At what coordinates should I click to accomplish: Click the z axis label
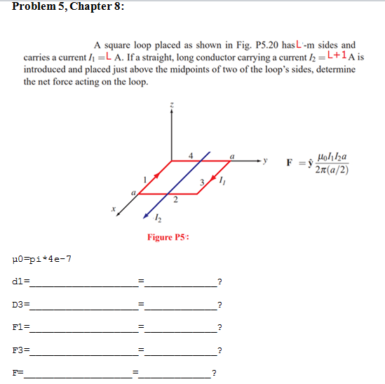(x=170, y=105)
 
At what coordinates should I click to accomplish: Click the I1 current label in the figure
(x=222, y=183)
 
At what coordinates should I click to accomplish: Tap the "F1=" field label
(x=19, y=328)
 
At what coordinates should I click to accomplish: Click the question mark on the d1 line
(x=220, y=283)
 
